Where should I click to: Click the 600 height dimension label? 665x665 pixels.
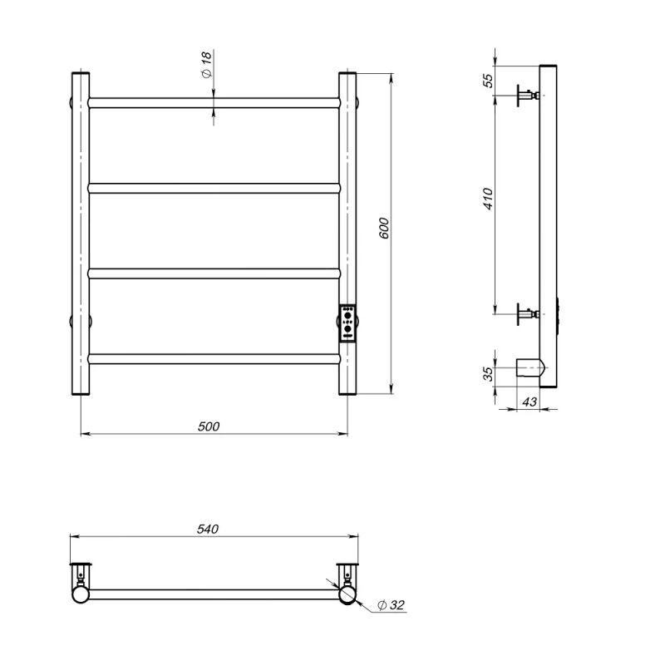click(x=384, y=228)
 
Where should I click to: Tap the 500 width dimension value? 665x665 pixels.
click(x=209, y=426)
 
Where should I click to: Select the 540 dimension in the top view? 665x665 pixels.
click(x=208, y=529)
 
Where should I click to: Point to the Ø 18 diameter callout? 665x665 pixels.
click(x=206, y=65)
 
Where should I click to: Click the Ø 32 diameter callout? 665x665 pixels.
click(x=391, y=605)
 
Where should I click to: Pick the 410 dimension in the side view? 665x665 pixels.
click(x=488, y=199)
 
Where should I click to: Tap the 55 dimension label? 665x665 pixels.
click(x=489, y=81)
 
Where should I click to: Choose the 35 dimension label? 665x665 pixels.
click(x=488, y=373)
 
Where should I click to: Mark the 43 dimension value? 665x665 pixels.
click(x=530, y=401)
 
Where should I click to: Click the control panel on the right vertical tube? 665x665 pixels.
click(x=347, y=323)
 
